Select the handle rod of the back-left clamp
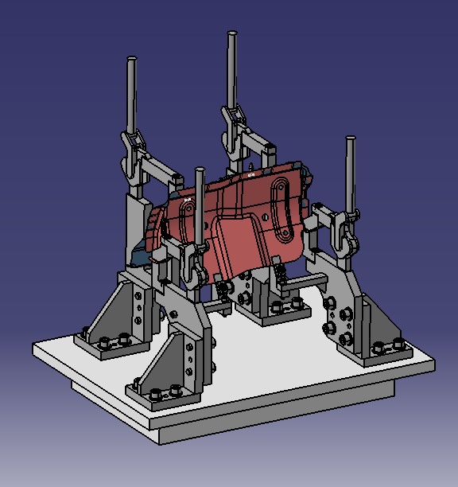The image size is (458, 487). tap(132, 95)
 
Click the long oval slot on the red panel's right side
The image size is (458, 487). tap(281, 207)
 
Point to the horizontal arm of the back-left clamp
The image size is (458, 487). tap(159, 167)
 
